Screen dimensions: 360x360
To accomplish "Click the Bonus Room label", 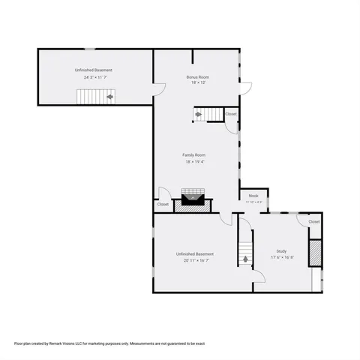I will click(197, 77).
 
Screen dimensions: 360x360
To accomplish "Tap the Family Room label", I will click(193, 155).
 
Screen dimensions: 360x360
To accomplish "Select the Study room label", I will click(281, 251).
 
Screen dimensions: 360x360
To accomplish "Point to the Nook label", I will click(254, 196).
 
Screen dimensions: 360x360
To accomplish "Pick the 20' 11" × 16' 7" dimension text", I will click(194, 260).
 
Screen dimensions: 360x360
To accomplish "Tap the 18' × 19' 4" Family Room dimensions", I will click(193, 161).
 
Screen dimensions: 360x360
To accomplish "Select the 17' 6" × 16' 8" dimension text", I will click(281, 257).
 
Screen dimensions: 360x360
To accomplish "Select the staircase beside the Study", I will click(246, 254).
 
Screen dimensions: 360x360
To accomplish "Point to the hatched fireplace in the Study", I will click(316, 253).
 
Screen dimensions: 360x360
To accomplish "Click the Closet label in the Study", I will click(313, 222).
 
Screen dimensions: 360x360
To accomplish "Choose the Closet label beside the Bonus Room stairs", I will click(230, 114).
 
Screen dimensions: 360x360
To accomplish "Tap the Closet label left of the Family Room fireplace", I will click(163, 204).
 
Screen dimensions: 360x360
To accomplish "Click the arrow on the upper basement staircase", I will click(109, 97).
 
